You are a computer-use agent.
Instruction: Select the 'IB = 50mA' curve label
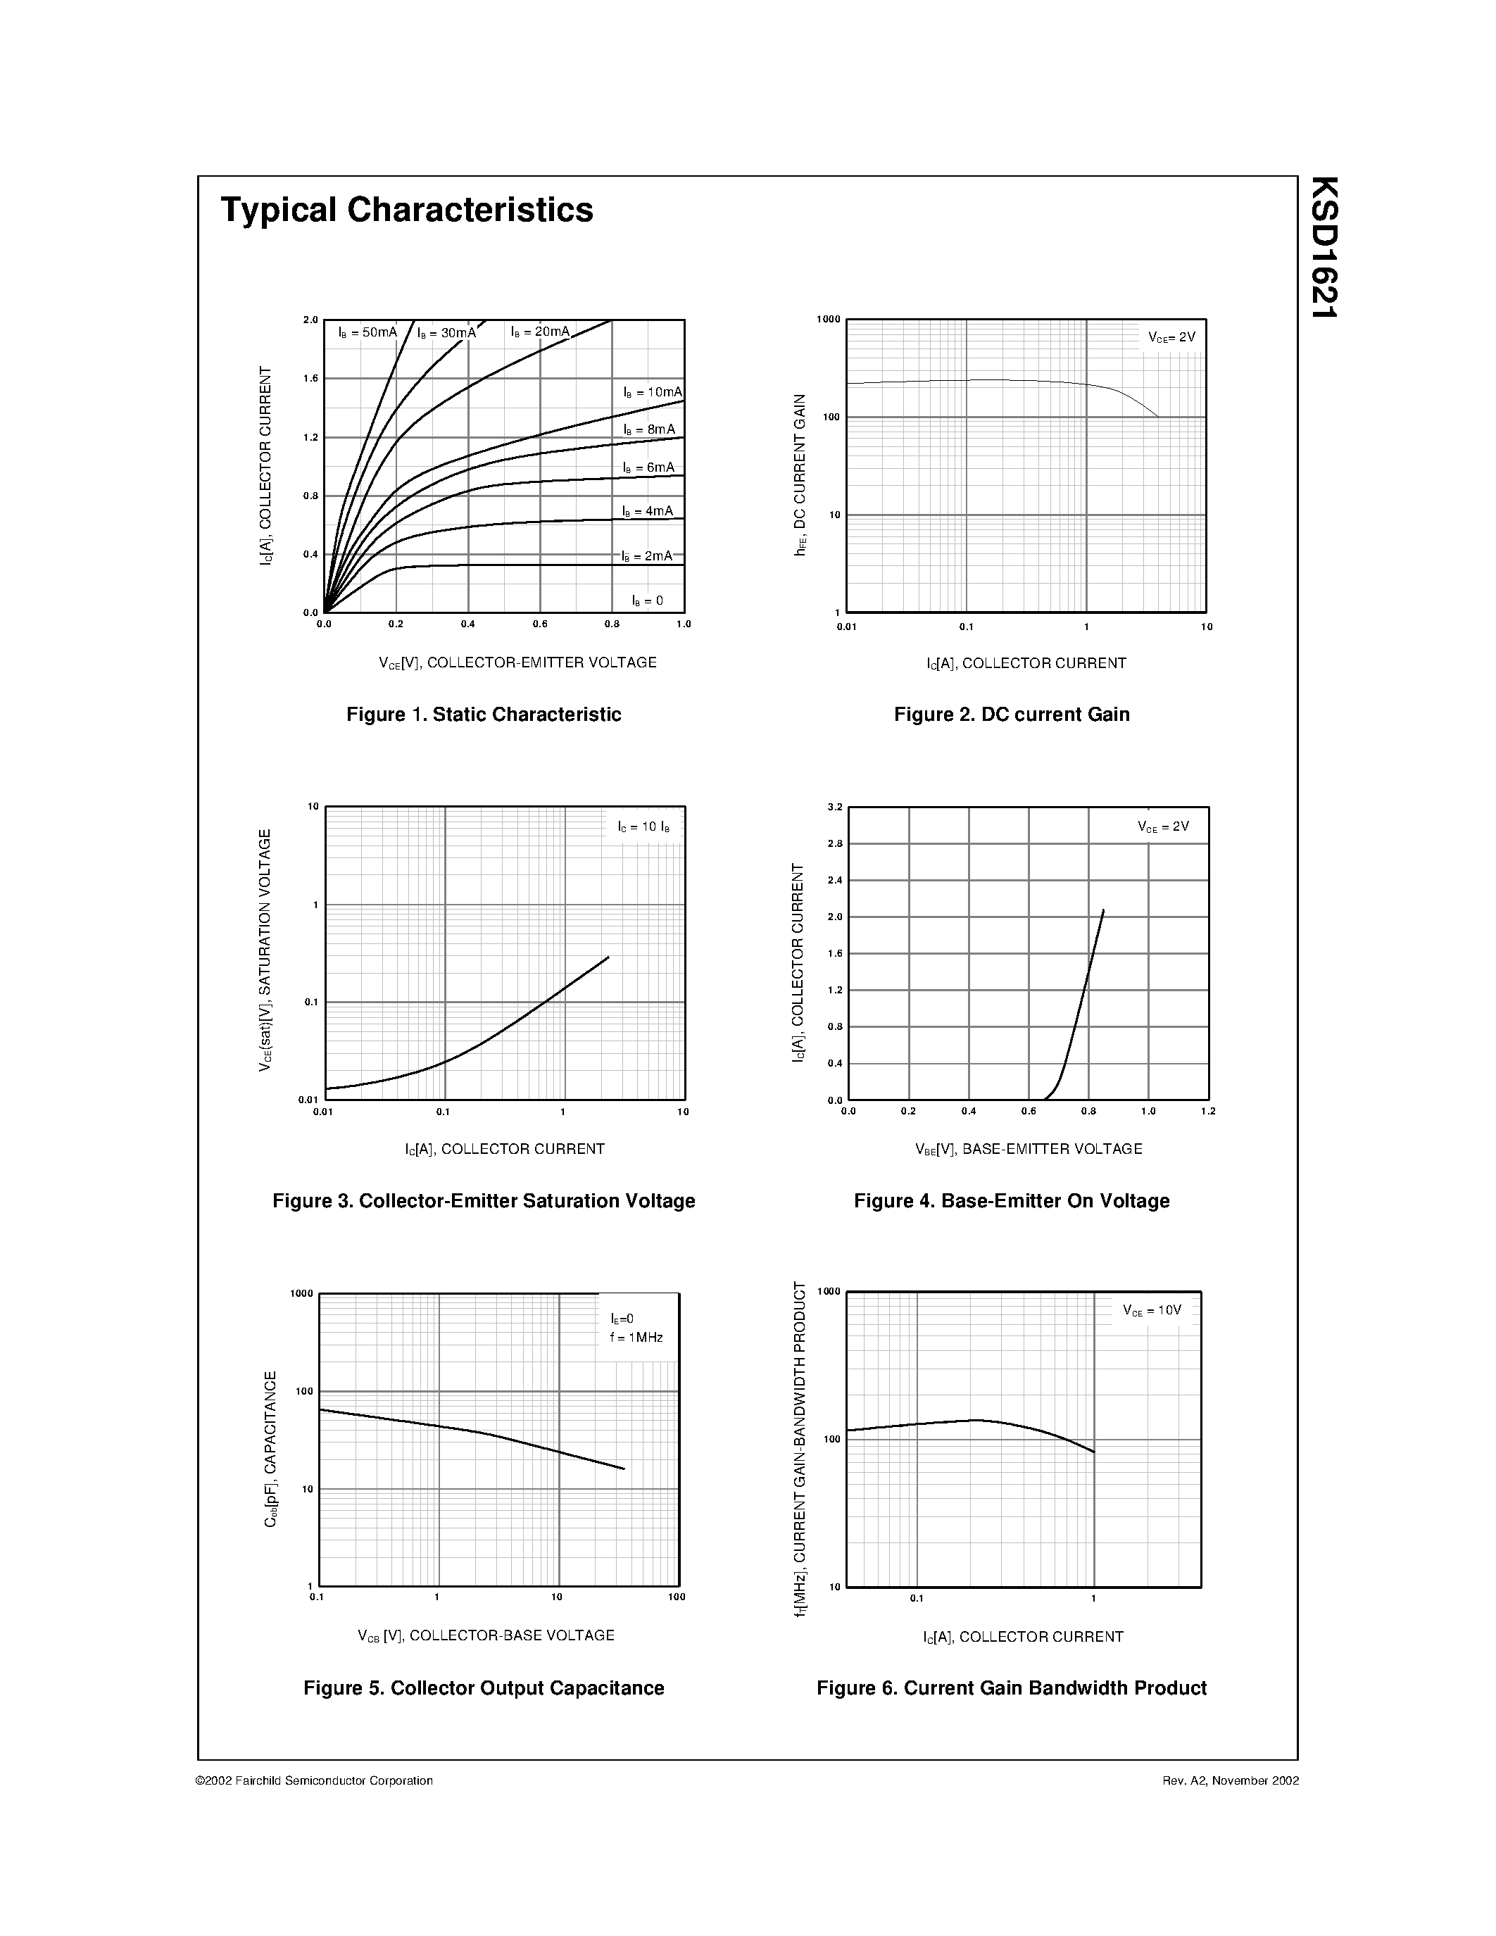pos(367,332)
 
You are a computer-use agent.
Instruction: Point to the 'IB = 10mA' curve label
pos(653,392)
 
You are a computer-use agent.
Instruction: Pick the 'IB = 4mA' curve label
pos(647,512)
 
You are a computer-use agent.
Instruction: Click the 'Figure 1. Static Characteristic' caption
pos(483,715)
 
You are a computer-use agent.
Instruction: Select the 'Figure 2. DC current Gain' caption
pos(1011,715)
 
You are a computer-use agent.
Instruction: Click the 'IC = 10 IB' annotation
pos(643,827)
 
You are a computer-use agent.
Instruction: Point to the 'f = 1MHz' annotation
pos(636,1338)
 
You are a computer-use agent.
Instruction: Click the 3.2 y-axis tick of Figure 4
pos(834,807)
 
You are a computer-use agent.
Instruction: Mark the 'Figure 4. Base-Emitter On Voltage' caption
pos(1011,1201)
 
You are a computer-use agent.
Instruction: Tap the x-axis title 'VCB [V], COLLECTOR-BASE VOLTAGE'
pos(486,1635)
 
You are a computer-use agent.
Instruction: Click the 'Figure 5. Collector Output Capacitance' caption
pos(483,1687)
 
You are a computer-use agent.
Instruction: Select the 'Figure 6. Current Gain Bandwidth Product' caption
pos(1011,1687)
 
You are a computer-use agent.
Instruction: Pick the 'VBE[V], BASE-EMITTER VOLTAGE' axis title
pos(1028,1150)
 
